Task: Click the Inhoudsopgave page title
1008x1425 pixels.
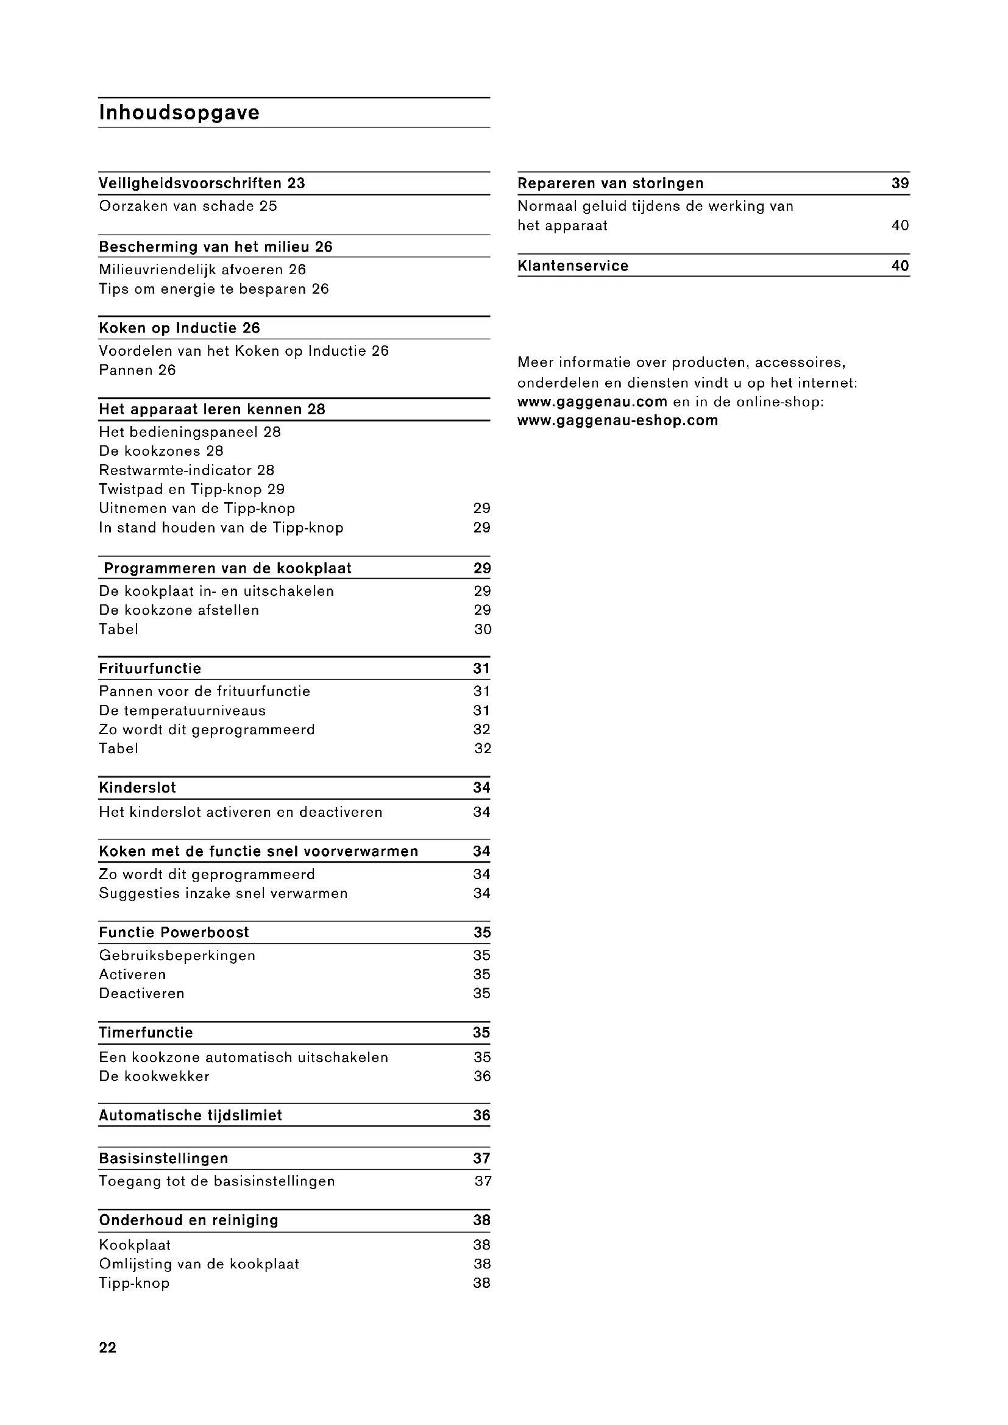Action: click(179, 113)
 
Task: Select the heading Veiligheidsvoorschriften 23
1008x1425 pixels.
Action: click(202, 184)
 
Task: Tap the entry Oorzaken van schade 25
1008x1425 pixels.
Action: click(188, 206)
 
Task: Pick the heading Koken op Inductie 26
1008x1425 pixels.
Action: click(179, 328)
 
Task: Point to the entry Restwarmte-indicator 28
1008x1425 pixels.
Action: click(186, 470)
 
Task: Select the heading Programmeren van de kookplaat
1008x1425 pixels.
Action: click(227, 568)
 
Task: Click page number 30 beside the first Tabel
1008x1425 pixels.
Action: click(482, 629)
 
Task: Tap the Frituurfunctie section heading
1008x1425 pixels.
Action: click(149, 668)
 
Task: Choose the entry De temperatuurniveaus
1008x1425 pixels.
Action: click(182, 710)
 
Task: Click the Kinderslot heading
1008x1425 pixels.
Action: click(137, 788)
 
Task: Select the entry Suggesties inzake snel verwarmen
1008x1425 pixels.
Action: click(223, 893)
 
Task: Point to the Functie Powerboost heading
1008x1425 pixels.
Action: click(174, 932)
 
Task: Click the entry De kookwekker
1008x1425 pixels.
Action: click(154, 1076)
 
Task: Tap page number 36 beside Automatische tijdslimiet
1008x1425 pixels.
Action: click(481, 1116)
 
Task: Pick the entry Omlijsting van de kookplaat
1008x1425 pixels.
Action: click(199, 1264)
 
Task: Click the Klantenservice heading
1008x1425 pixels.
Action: click(573, 266)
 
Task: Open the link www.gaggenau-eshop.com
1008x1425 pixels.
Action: click(617, 421)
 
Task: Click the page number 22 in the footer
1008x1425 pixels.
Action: click(107, 1348)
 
